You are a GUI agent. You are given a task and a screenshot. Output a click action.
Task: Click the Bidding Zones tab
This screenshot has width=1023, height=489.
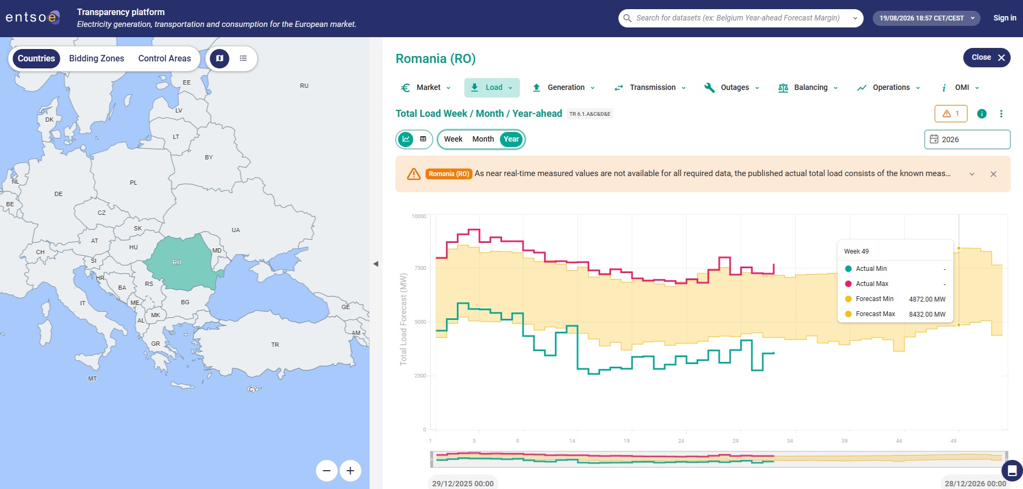96,58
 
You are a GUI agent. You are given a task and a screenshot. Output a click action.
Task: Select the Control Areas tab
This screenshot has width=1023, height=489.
164,58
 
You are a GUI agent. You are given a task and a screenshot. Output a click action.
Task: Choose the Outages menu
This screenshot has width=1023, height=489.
732,87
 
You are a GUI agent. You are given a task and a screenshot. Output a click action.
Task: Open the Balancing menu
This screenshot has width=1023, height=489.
808,87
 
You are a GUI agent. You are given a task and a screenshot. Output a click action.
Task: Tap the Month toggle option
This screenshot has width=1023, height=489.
483,139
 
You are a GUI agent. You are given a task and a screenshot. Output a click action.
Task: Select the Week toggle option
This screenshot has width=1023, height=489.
453,139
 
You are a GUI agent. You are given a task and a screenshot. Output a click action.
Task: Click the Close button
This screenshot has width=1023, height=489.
987,58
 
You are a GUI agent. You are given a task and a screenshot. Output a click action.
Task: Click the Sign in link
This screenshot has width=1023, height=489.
1005,18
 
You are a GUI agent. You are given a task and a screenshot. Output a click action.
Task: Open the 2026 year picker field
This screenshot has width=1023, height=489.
968,139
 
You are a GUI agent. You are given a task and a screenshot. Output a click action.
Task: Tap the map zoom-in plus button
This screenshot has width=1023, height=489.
350,471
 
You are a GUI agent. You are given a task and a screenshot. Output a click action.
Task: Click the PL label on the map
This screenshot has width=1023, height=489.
134,183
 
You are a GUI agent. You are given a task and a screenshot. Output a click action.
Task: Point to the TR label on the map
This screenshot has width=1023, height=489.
275,345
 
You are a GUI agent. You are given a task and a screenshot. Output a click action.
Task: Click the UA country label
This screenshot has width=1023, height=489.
236,230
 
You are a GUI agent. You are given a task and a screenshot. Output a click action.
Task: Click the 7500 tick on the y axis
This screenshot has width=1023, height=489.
420,268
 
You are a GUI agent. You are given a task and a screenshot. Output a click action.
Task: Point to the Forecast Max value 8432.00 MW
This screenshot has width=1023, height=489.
927,314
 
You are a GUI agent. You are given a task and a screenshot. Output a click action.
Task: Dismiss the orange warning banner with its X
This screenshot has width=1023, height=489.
993,174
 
